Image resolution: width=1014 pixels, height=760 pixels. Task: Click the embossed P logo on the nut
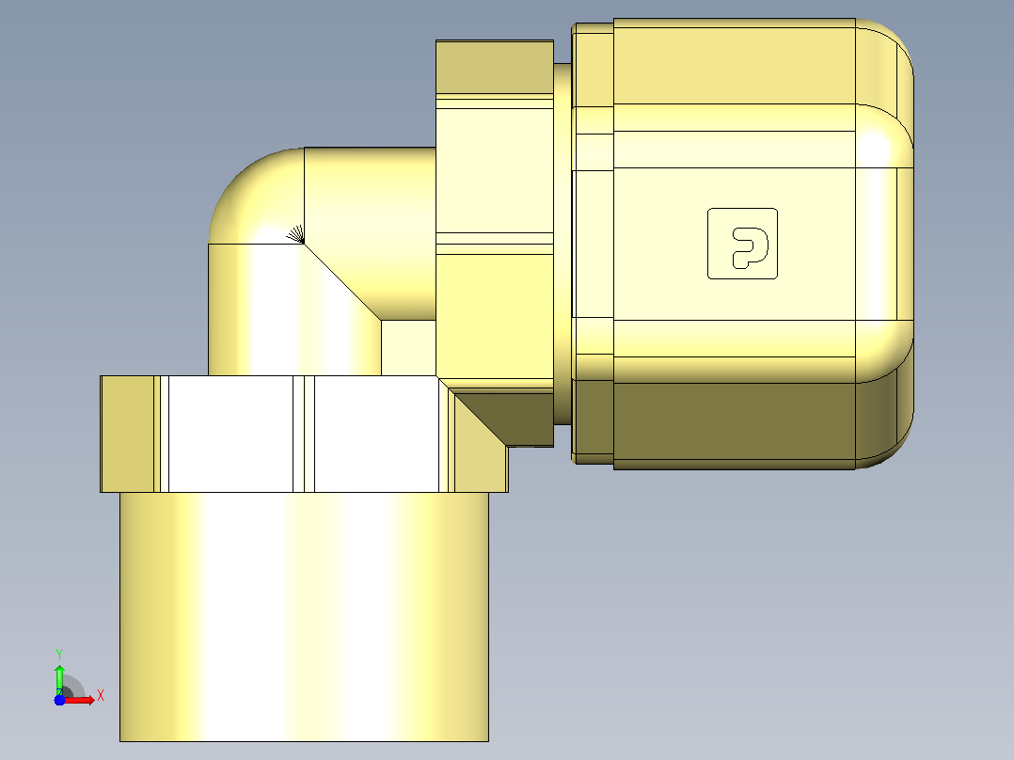(x=742, y=244)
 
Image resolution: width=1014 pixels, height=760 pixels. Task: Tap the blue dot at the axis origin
(x=59, y=700)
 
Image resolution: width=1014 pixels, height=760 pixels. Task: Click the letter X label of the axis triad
(x=101, y=696)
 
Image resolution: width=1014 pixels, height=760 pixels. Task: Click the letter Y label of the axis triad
(x=59, y=655)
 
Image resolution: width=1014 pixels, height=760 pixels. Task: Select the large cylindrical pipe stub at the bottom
(x=304, y=616)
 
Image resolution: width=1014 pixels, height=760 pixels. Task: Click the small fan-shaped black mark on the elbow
(x=296, y=234)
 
